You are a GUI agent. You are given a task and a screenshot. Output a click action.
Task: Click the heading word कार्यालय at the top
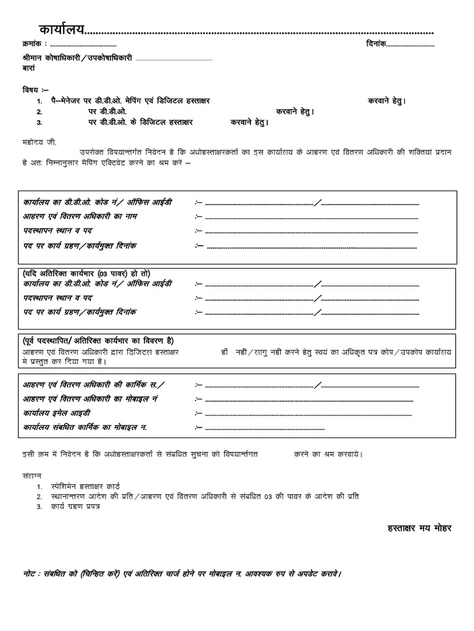pos(61,30)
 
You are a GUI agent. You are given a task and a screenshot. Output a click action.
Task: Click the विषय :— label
pos(35,89)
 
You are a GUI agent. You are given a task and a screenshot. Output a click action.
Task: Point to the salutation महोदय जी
pos(39,141)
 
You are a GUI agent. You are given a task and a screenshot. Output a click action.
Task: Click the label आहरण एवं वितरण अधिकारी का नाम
pos(80,216)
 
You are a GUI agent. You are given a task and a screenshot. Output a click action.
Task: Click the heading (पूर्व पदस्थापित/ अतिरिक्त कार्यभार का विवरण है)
pos(99,341)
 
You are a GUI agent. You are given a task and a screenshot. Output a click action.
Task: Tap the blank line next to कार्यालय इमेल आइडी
pos(309,414)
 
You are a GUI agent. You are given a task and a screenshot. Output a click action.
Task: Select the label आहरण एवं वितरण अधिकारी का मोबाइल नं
pos(91,399)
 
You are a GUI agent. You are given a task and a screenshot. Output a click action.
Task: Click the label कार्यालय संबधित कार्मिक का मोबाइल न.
pos(85,427)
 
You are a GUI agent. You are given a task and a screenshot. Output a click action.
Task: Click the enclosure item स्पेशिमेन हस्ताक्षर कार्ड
pos(90,486)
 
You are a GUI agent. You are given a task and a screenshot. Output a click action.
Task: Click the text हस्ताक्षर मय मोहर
pos(418,528)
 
